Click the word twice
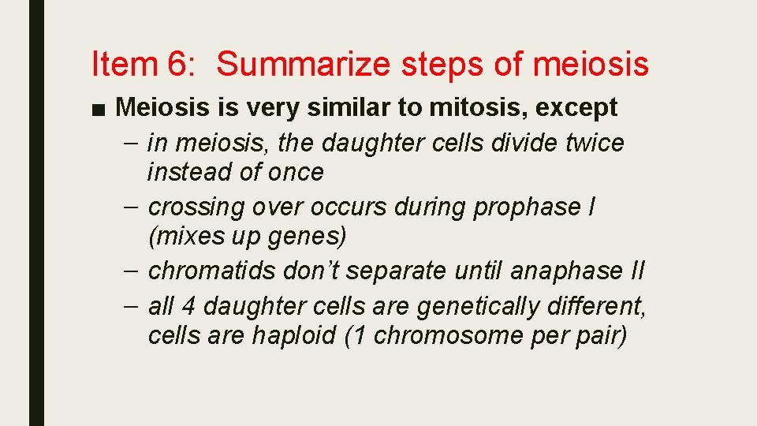coord(591,143)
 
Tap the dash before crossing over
coord(135,206)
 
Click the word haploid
coord(294,335)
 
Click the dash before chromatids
coord(135,270)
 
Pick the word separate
coord(399,271)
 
